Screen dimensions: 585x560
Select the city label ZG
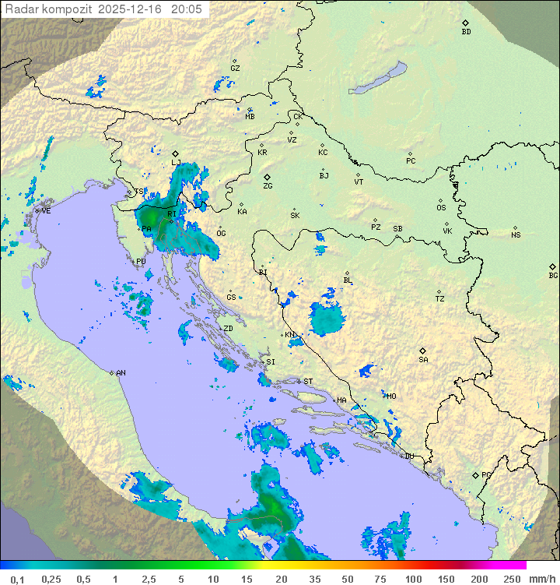pyautogui.click(x=268, y=186)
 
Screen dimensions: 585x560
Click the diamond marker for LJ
pyautogui.click(x=176, y=153)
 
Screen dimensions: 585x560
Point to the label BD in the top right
pyautogui.click(x=466, y=32)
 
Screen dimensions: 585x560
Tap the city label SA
pyautogui.click(x=423, y=360)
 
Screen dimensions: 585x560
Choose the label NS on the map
pyautogui.click(x=516, y=235)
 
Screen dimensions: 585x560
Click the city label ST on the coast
pyautogui.click(x=308, y=382)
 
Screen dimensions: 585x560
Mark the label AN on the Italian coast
pyautogui.click(x=121, y=373)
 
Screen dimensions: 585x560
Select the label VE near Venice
pyautogui.click(x=46, y=211)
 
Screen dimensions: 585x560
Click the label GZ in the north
pyautogui.click(x=235, y=69)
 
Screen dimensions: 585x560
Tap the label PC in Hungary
pyautogui.click(x=411, y=161)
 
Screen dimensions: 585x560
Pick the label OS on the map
pyautogui.click(x=441, y=208)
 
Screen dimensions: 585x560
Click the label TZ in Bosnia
pyautogui.click(x=440, y=299)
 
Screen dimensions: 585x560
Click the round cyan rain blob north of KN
pyautogui.click(x=327, y=318)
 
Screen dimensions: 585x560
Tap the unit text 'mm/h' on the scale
pyautogui.click(x=541, y=579)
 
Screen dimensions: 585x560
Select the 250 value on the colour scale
pyautogui.click(x=511, y=579)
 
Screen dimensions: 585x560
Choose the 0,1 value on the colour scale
pyautogui.click(x=16, y=579)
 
